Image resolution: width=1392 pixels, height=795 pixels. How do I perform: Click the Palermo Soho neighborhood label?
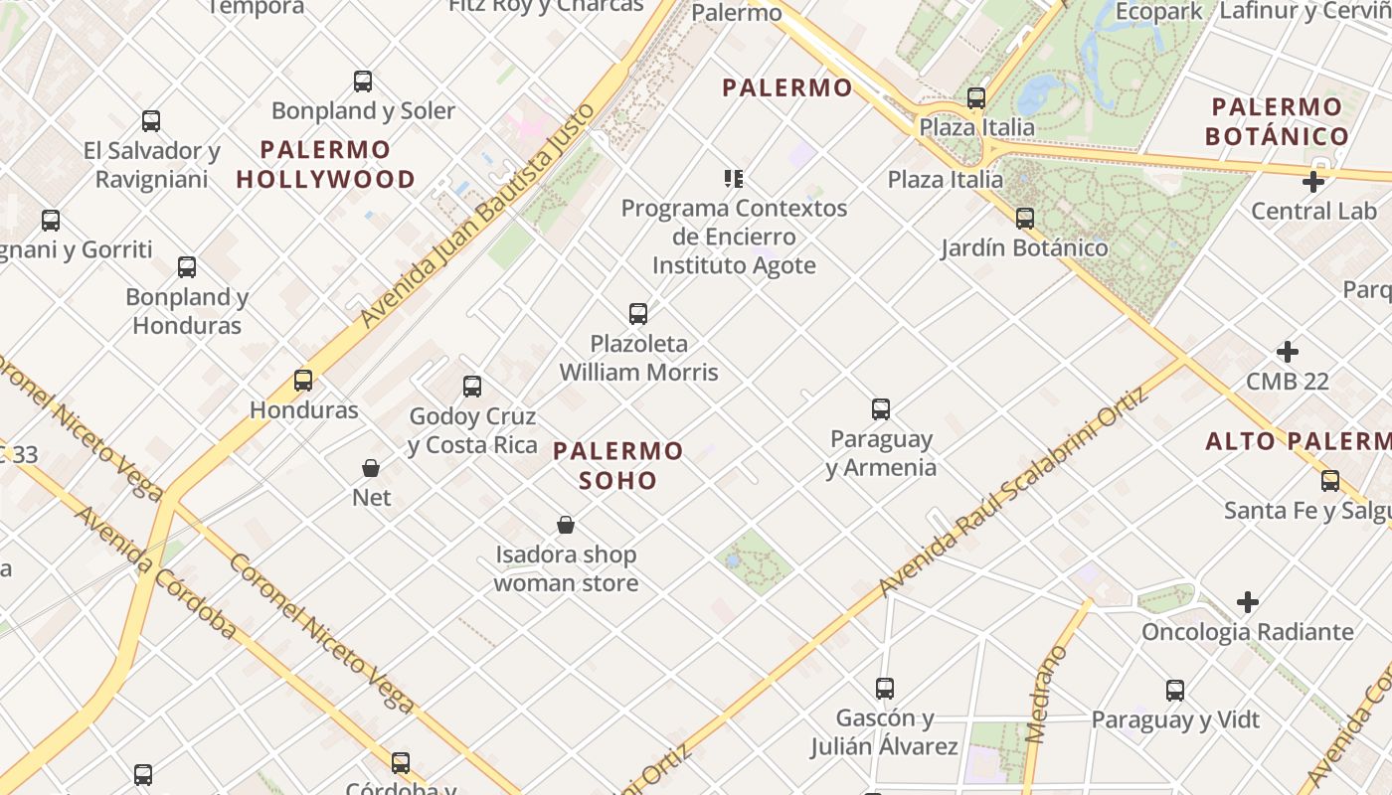point(618,465)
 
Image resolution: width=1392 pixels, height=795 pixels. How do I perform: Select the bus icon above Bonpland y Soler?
point(363,81)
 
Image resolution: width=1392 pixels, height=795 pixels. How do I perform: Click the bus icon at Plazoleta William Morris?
point(638,314)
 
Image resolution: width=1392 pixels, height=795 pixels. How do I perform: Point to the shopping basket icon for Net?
point(371,467)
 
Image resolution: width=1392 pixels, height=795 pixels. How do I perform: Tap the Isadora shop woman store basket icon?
point(566,525)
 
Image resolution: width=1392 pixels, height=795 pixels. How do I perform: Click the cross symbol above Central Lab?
point(1313,182)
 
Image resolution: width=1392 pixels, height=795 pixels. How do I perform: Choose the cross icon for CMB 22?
point(1288,352)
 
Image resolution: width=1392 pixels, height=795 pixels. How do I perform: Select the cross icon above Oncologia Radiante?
point(1248,602)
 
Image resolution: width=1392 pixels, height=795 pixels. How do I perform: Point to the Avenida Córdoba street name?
point(155,572)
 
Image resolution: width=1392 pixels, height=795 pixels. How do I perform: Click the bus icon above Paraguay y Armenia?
point(881,409)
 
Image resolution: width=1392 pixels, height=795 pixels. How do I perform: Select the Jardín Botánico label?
point(1024,247)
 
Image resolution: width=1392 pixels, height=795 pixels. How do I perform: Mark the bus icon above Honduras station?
point(303,381)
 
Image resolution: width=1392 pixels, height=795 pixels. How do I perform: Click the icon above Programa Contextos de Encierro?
point(734,179)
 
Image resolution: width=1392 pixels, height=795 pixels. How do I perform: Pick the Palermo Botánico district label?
point(1277,121)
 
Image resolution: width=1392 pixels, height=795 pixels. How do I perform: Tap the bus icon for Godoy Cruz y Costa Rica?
point(472,387)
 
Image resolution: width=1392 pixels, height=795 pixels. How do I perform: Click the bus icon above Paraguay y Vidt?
point(1175,691)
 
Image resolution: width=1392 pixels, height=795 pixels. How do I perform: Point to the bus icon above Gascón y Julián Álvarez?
point(884,688)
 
